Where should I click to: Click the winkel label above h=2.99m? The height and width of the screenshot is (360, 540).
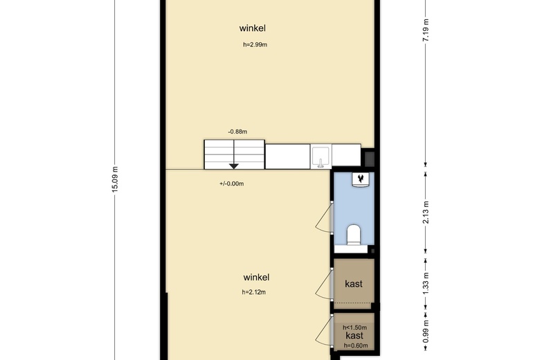click(x=253, y=28)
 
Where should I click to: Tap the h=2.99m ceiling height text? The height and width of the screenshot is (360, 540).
click(x=255, y=45)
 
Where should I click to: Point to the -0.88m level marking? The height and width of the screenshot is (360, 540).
click(x=237, y=131)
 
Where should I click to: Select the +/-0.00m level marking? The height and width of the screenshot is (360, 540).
click(x=231, y=183)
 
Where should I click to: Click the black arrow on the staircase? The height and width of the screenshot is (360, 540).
click(x=234, y=165)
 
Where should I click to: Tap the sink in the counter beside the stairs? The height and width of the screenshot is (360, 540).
click(x=321, y=156)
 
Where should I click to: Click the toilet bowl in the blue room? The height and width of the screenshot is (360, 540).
click(x=354, y=234)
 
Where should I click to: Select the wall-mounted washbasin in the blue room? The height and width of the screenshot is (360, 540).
click(x=361, y=180)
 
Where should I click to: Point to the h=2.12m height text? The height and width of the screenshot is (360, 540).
click(x=254, y=292)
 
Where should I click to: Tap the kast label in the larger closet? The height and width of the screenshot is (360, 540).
click(x=354, y=284)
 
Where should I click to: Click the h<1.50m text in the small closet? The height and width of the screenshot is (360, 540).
click(x=354, y=327)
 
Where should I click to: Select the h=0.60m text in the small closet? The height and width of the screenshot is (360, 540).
click(x=354, y=345)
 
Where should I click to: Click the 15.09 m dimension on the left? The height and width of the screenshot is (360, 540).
click(x=116, y=181)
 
